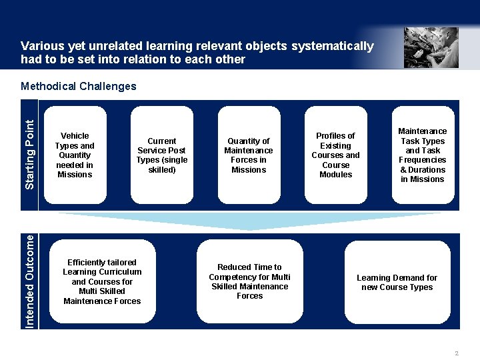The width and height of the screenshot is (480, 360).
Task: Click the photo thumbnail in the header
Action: [x=431, y=47]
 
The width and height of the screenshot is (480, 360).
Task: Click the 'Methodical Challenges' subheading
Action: [x=79, y=86]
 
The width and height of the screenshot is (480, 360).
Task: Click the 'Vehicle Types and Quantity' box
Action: [x=75, y=155]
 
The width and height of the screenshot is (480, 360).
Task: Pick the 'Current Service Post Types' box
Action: [x=162, y=155]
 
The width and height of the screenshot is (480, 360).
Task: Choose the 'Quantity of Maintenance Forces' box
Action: [x=249, y=155]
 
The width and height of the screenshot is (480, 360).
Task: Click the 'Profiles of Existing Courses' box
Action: [x=336, y=155]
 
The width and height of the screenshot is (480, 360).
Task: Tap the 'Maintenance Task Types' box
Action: [x=423, y=155]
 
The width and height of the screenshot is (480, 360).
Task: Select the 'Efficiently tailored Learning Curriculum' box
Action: [x=102, y=281]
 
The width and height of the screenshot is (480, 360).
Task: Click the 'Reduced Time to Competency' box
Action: [x=249, y=281]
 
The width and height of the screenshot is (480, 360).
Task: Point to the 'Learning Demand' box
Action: [x=397, y=282]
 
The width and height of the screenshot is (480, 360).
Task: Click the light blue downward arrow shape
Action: [x=249, y=221]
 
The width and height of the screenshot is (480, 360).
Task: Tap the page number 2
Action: [x=457, y=353]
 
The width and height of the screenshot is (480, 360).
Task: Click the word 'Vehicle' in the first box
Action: [x=75, y=136]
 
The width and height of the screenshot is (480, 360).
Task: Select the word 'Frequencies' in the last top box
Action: [x=423, y=160]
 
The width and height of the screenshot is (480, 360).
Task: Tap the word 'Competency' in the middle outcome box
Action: [x=229, y=277]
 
